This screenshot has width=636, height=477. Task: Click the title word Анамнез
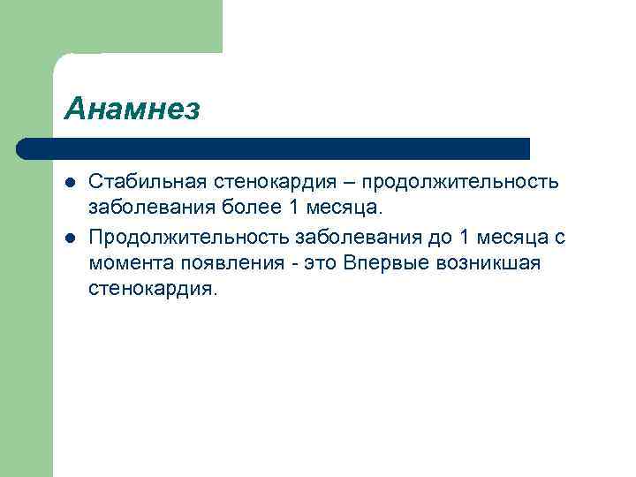[x=132, y=110]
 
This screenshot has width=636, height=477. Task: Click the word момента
[x=128, y=263]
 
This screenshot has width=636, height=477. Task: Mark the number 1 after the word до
[x=466, y=236]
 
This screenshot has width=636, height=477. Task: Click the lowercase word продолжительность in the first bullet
[x=460, y=181]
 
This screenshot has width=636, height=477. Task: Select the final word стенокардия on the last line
[x=150, y=290]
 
